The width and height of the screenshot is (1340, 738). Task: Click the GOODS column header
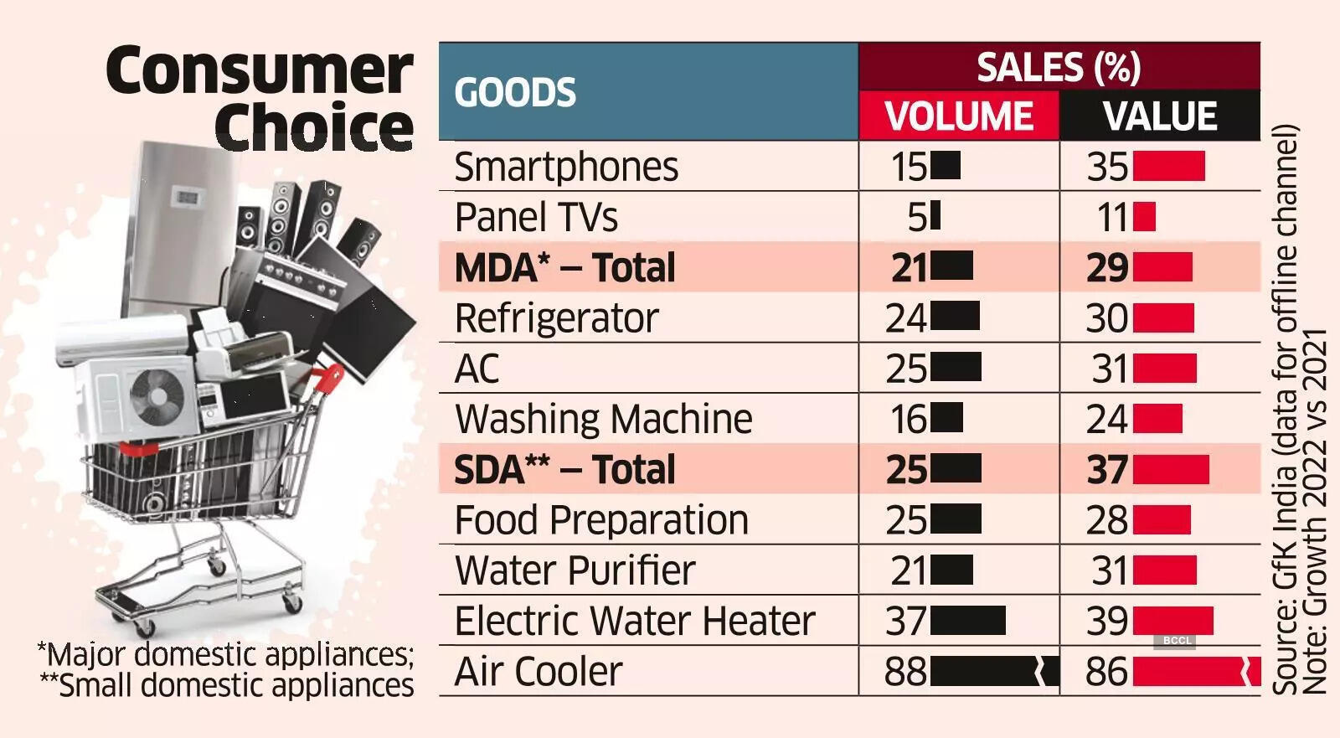tap(515, 92)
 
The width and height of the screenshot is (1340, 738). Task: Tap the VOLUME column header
tap(959, 116)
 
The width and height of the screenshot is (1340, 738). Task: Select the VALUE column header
tap(1160, 116)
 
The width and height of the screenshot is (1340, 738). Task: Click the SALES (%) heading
tap(1059, 67)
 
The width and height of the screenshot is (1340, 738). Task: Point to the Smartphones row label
tap(566, 167)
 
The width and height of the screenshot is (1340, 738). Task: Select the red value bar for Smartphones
tap(1169, 167)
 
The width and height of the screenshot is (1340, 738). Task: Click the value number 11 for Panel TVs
tap(1113, 218)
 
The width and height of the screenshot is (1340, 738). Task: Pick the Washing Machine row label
tap(604, 419)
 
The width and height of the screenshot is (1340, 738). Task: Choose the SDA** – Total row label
tap(564, 470)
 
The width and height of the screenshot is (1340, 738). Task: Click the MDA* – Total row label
tap(564, 268)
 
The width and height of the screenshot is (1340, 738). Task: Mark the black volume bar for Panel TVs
tap(935, 216)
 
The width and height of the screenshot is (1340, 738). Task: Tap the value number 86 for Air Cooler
tap(1107, 672)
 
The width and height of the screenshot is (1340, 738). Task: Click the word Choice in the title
tap(314, 127)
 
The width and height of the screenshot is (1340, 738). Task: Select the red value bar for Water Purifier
tap(1165, 570)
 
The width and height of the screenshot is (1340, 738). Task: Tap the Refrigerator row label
tap(556, 318)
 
